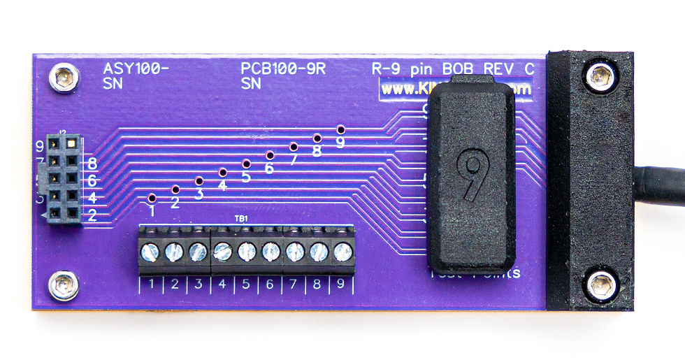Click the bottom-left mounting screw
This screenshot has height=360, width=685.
tap(64, 286)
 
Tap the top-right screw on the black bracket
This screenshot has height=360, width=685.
tap(600, 76)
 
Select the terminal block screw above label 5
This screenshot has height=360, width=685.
tap(246, 251)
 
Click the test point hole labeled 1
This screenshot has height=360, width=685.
tap(152, 198)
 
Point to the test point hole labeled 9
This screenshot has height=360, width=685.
tap(340, 130)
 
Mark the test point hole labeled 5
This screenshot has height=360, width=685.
tap(246, 164)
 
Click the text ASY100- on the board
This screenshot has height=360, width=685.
tap(136, 69)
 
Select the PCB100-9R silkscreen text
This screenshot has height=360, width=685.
tap(283, 69)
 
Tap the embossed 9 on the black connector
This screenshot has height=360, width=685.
tap(473, 174)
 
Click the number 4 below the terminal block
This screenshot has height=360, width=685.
tap(222, 284)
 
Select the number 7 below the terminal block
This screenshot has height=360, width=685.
tap(294, 284)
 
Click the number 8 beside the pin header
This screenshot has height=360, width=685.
tap(92, 165)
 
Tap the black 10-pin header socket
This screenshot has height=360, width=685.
tap(64, 179)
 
